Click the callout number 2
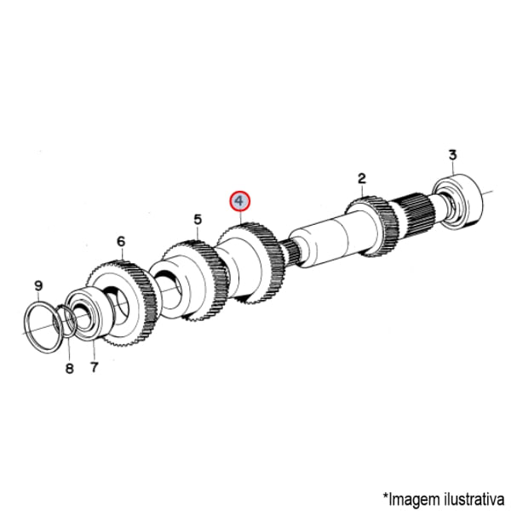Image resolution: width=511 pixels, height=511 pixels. tap(362, 178)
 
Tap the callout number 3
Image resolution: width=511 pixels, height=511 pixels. tap(453, 155)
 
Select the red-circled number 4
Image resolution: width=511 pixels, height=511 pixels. tap(239, 201)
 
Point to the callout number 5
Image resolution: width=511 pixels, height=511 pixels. tap(198, 220)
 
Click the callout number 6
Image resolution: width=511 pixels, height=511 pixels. tap(121, 242)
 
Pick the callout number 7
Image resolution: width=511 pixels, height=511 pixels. tap(94, 367)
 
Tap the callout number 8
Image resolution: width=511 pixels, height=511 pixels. tap(70, 369)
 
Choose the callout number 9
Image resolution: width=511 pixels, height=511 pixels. tap(38, 286)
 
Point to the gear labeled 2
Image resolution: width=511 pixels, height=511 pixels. tap(372, 227)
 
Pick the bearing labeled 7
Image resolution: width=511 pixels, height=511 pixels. tap(89, 313)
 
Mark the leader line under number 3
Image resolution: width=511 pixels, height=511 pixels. tap(453, 168)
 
